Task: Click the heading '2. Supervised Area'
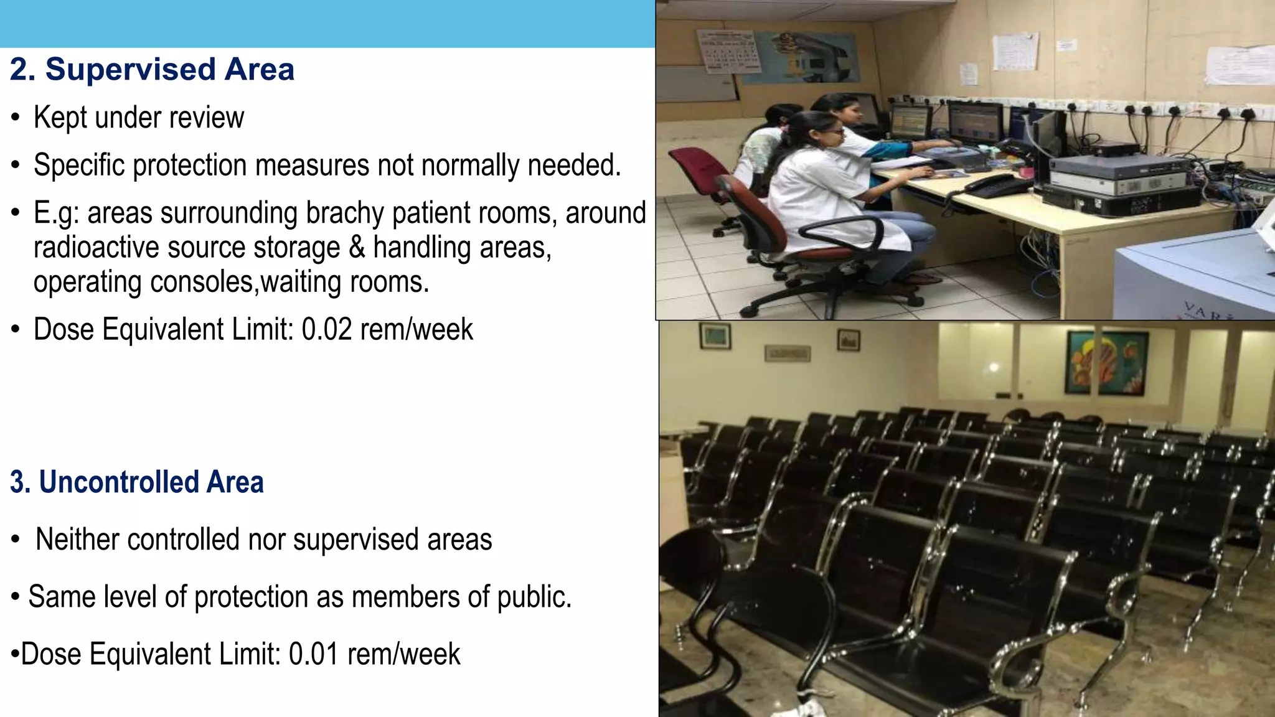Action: pos(152,69)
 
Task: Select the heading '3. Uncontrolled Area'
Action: pos(137,482)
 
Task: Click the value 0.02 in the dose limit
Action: pos(327,329)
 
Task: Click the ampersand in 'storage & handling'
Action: pos(357,248)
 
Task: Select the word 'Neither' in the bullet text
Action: pos(76,540)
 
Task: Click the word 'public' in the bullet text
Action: pos(534,597)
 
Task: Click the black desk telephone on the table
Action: pos(995,185)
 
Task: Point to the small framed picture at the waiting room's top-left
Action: pos(715,336)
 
